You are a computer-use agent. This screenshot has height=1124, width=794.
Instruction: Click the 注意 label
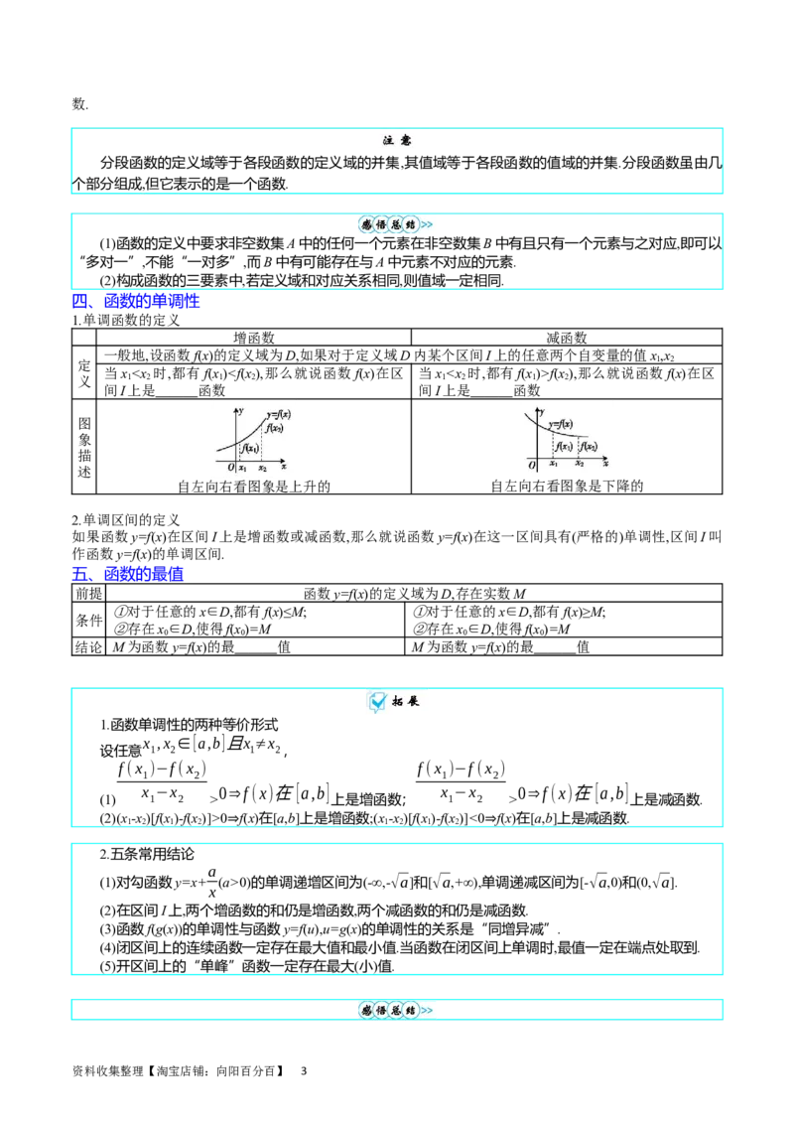point(397,142)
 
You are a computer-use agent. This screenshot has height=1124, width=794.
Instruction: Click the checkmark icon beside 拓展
point(377,702)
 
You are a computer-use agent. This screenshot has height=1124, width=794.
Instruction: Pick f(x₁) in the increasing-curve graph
point(249,449)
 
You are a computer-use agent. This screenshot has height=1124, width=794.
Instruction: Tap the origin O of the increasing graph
point(230,467)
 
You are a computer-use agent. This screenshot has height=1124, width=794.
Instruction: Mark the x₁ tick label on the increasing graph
point(242,468)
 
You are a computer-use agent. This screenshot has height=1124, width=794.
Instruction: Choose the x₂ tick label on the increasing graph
point(262,468)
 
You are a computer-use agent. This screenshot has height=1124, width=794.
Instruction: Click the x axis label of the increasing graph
point(284,466)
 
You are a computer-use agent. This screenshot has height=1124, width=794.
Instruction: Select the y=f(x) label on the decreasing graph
point(559,424)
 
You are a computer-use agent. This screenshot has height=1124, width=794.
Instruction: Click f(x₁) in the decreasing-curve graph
point(564,446)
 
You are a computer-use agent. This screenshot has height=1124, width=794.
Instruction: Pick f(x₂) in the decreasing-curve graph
point(589,446)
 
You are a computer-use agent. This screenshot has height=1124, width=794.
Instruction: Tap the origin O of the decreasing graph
point(532,465)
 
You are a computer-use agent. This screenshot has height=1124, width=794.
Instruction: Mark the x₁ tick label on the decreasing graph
point(553,464)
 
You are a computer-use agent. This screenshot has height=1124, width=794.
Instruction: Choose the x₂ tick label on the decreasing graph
point(579,464)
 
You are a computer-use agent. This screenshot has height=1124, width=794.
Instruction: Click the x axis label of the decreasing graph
point(605,463)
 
